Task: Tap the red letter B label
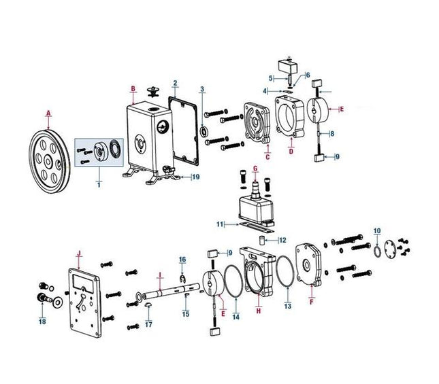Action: [x=133, y=88]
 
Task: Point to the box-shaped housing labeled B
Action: [x=146, y=139]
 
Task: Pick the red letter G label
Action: [x=255, y=168]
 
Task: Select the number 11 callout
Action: [x=219, y=223]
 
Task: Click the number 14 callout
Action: [x=236, y=317]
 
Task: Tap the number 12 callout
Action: [x=283, y=239]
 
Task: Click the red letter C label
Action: [x=267, y=157]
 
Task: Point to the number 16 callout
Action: [x=182, y=260]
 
